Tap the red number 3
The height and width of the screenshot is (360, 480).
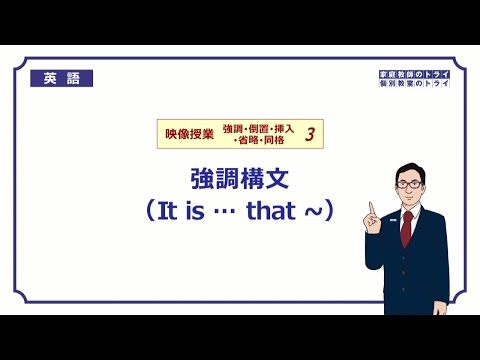[x=310, y=135]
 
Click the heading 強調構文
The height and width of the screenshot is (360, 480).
[x=240, y=179]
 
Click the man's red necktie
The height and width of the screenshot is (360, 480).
[x=407, y=226]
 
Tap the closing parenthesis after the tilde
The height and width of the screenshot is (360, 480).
[x=332, y=213]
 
